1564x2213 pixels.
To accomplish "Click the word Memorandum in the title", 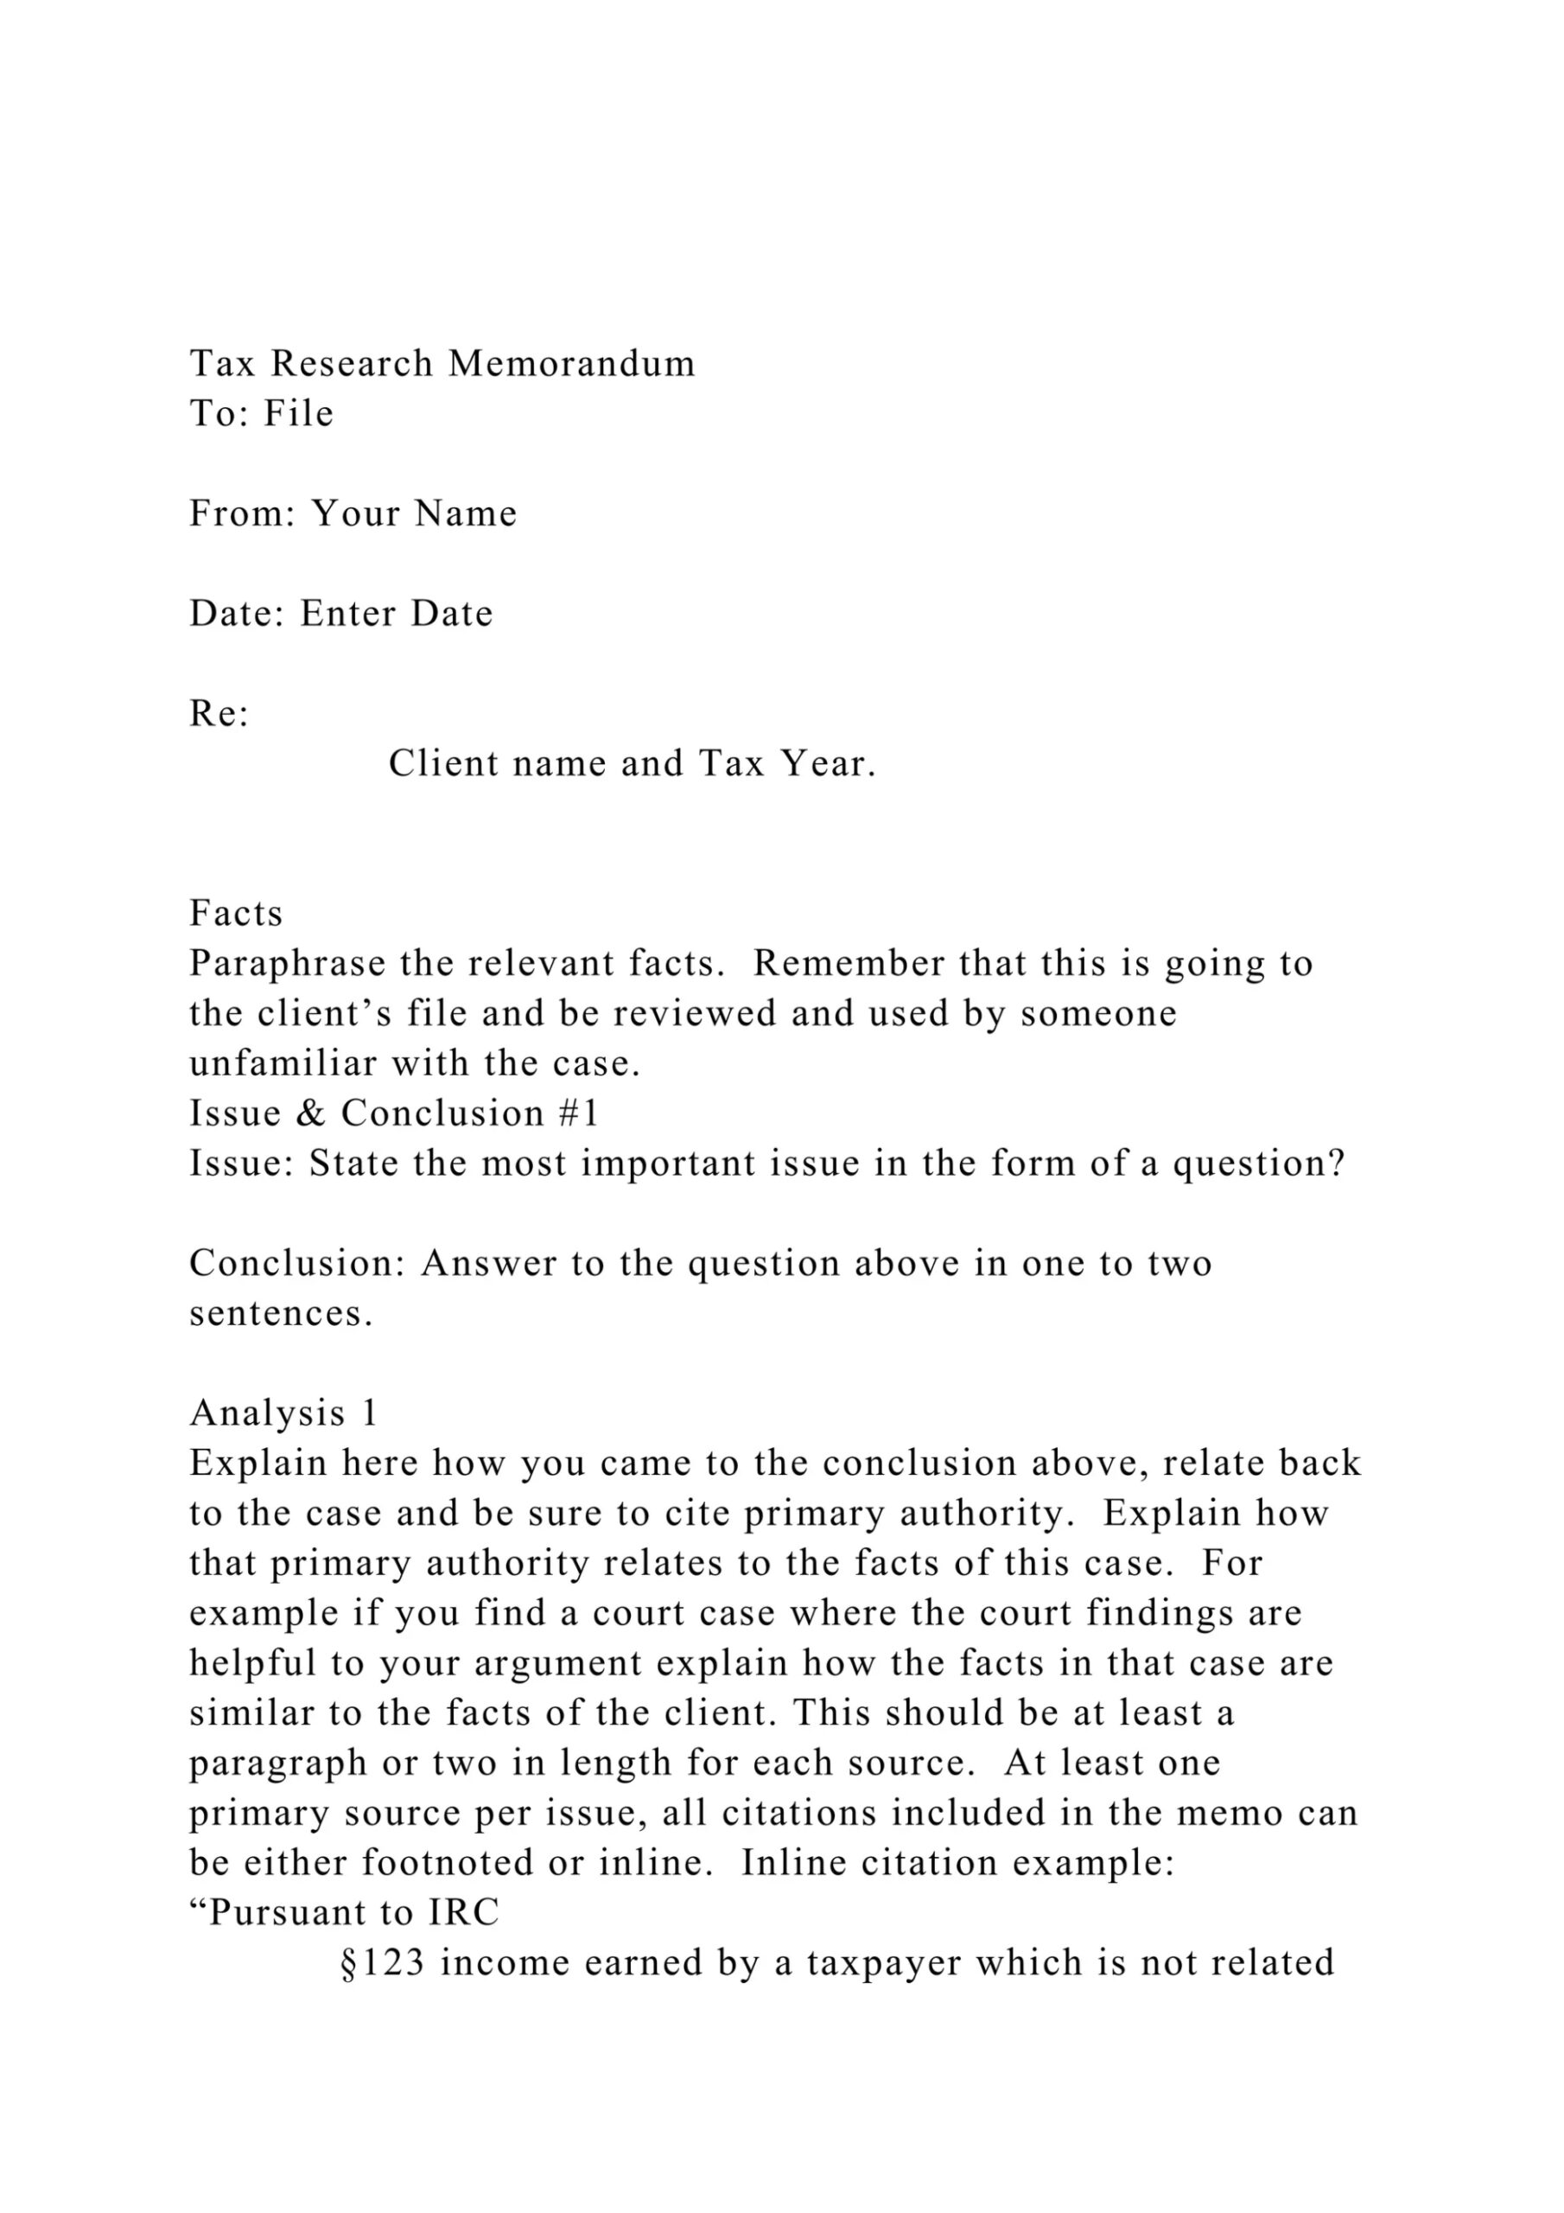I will point(571,363).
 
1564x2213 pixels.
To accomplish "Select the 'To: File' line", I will point(261,413).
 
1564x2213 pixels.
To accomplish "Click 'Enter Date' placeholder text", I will point(396,614).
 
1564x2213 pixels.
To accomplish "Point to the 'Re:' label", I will point(219,714).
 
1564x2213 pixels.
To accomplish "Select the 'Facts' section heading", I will point(236,913).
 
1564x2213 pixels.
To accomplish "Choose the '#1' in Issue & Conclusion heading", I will point(578,1113).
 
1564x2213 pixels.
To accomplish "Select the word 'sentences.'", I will point(281,1314).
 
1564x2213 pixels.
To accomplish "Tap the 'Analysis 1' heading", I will point(283,1413).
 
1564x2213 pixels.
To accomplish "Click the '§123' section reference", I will point(383,1963).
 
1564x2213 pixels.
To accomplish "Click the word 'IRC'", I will point(463,1913).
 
